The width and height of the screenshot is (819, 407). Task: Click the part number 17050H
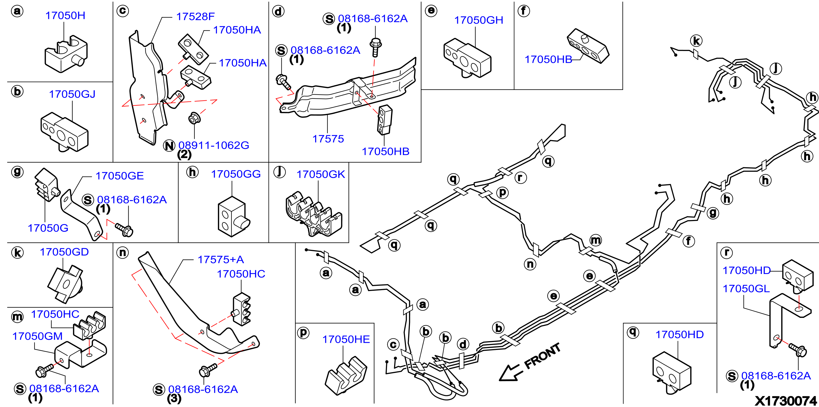pos(65,16)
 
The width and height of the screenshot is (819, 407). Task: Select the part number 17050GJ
pos(72,94)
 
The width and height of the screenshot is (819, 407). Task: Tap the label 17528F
pos(196,16)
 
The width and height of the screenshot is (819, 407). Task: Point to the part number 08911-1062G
pos(214,145)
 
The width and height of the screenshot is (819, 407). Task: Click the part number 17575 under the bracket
pos(328,139)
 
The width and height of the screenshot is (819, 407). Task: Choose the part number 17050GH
pos(479,20)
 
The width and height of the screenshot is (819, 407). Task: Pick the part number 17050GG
pos(236,174)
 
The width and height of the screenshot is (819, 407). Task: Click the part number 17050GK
pos(321,174)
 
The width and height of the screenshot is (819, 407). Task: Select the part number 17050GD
pos(64,252)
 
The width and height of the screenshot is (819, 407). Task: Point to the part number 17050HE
pos(346,340)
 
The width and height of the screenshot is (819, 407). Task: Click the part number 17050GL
pos(746,289)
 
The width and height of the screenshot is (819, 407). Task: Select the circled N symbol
pos(169,146)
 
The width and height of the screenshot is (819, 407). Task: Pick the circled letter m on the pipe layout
pos(596,240)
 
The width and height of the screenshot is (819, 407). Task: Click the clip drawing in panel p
pos(346,376)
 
